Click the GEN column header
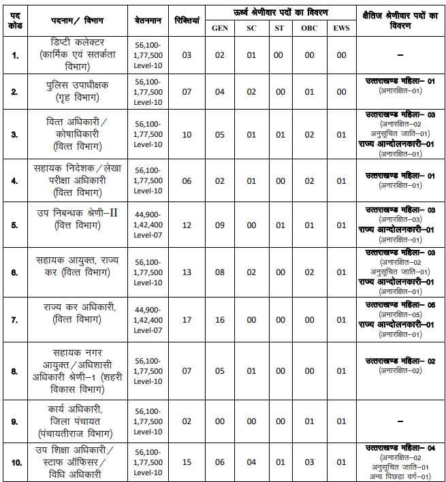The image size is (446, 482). point(220,29)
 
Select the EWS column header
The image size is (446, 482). point(341,29)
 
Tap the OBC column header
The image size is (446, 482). point(309,29)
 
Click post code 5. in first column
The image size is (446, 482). point(15,225)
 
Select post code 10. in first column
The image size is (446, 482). point(15,462)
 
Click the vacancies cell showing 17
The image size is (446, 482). point(187,320)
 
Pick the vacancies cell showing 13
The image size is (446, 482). point(187,272)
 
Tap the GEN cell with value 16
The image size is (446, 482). point(220,320)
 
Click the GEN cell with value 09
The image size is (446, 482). point(220,225)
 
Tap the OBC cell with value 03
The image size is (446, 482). point(309,462)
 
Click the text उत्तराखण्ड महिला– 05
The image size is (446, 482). point(400,304)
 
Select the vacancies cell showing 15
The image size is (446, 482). point(187,462)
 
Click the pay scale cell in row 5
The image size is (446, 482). point(148,225)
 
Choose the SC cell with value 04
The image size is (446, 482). point(251,462)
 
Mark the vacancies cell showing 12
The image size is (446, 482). point(187,225)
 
